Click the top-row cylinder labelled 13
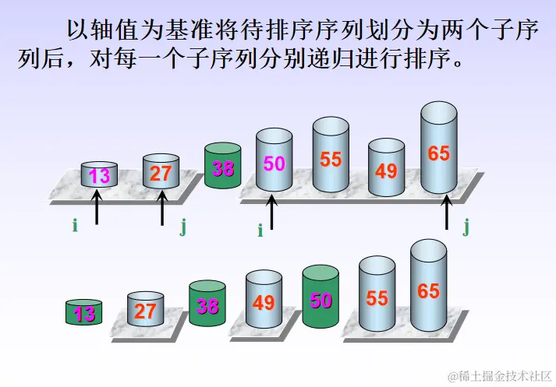point(100,174)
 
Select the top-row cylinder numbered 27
point(161,171)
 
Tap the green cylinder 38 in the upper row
point(223,166)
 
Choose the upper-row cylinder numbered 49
point(386,167)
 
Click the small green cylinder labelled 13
point(84,312)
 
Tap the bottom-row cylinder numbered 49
point(264,301)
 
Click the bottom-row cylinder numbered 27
point(145,310)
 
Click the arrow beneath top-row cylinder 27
point(162,208)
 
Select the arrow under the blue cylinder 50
point(271,212)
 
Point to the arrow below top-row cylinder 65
point(447,212)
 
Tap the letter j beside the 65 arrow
point(466,227)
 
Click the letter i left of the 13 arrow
point(75,226)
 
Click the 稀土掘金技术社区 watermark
point(499,376)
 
